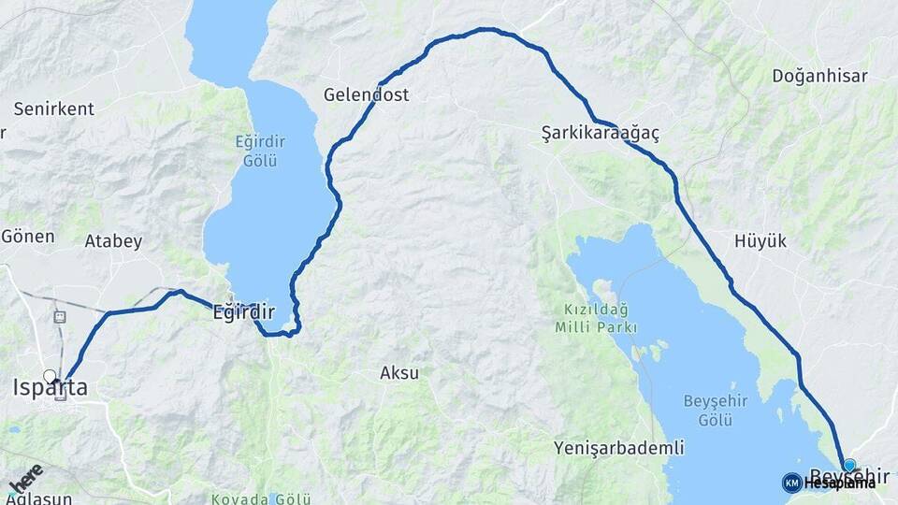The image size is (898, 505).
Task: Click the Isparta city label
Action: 50,388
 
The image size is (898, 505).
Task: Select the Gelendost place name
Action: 366,94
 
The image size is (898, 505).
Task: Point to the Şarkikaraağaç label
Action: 600,134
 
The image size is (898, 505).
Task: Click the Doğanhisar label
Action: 819,77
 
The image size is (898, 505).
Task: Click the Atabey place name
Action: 113,241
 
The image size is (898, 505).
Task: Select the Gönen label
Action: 27,236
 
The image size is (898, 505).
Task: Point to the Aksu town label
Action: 399,373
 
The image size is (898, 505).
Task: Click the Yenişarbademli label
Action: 618,447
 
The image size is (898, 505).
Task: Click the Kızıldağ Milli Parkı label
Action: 595,318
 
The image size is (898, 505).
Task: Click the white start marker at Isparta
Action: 50,377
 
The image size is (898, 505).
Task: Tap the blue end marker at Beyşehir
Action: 848,465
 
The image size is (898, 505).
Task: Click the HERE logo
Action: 25,478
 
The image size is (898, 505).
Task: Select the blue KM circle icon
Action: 791,483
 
